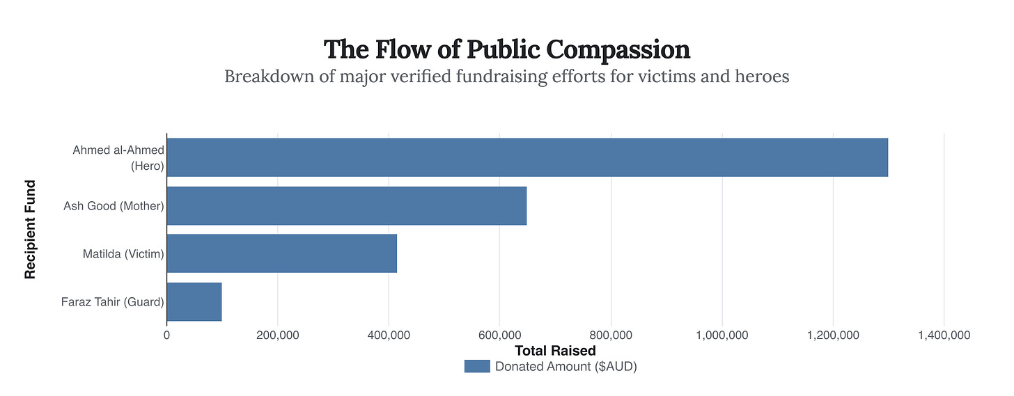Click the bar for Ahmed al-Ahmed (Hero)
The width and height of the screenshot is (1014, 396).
[x=527, y=157]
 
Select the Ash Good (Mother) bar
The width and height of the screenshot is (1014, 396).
[x=346, y=205]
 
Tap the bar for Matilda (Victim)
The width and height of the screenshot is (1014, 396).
[x=281, y=253]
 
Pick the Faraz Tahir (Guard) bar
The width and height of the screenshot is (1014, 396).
[x=194, y=301]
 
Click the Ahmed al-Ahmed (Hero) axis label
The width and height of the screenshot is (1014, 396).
[x=118, y=158]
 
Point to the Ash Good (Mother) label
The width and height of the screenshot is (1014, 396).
[x=114, y=206]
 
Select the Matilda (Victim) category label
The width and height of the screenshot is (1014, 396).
[x=123, y=254]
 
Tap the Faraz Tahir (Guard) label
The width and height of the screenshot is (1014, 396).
[x=112, y=302]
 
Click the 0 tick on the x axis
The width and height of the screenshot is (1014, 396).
[x=166, y=335]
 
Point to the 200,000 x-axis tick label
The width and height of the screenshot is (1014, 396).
[x=278, y=335]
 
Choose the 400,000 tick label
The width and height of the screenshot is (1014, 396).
[x=389, y=335]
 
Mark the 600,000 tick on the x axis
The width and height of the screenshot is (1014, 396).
[x=500, y=335]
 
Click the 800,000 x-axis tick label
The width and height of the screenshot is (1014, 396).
[x=611, y=335]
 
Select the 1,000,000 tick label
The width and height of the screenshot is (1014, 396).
[x=722, y=335]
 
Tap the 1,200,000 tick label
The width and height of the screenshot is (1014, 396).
[x=833, y=335]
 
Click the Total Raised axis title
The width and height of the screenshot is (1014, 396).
[x=555, y=351]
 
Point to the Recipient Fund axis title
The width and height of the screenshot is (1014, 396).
[x=30, y=229]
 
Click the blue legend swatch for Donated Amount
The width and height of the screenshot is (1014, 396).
[x=477, y=367]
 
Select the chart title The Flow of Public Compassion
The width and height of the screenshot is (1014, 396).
[x=507, y=49]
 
